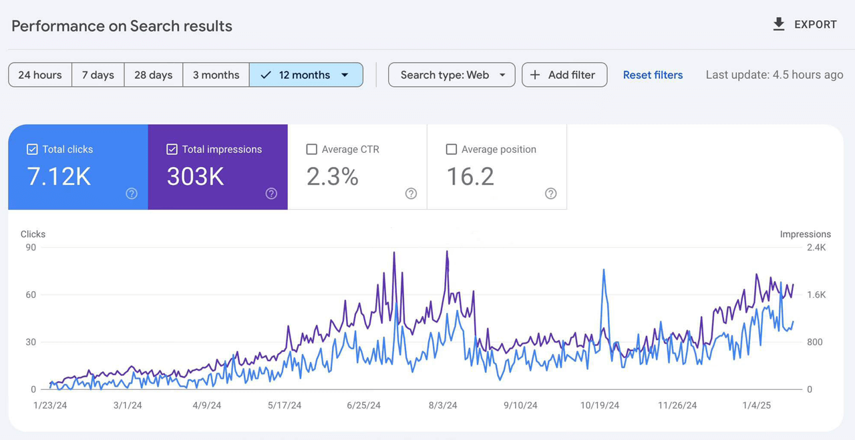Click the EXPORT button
tap(804, 25)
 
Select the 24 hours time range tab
tap(40, 75)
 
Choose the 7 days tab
tap(98, 75)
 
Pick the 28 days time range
tap(153, 75)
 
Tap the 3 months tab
tap(216, 75)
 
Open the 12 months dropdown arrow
tap(345, 75)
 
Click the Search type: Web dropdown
tap(452, 75)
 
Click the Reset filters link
tap(653, 75)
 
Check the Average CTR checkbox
tap(311, 150)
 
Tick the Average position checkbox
tap(452, 150)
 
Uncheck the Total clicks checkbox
tap(32, 150)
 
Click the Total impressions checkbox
tap(172, 150)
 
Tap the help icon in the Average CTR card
tap(411, 194)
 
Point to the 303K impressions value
tap(195, 176)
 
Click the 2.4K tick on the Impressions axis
tap(816, 248)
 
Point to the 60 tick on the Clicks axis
tap(31, 294)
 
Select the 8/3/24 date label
tap(442, 405)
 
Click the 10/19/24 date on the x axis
tap(599, 405)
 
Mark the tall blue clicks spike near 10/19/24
tap(604, 270)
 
